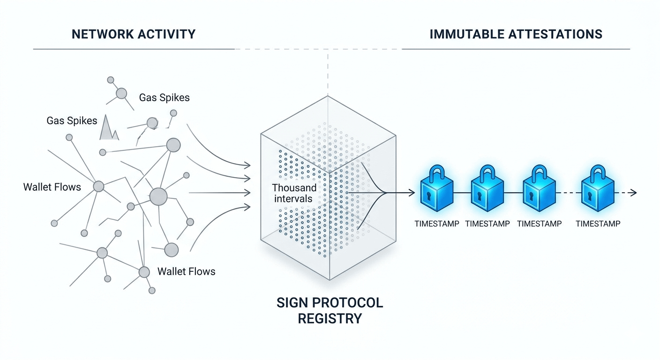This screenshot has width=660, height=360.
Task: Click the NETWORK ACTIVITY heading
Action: [134, 34]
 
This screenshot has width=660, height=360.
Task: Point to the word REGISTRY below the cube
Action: [330, 319]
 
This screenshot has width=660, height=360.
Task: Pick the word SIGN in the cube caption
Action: [292, 303]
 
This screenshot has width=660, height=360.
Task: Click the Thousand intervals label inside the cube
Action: [294, 193]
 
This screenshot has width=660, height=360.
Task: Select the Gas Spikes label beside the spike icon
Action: [72, 121]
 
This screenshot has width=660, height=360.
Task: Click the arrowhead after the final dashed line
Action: [633, 193]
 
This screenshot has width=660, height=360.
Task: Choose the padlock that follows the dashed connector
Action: [598, 188]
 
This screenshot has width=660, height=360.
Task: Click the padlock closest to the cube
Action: [437, 188]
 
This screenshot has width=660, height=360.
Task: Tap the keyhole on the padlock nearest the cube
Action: [428, 196]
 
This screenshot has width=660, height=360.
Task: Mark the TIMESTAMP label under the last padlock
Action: [598, 224]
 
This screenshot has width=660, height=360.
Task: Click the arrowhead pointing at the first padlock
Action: [411, 193]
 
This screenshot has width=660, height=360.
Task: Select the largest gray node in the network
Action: [158, 196]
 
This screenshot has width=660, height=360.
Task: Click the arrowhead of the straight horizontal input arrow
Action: [247, 193]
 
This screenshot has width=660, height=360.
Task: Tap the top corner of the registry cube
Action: [328, 96]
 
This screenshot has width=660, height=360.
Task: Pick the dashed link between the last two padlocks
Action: [568, 193]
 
